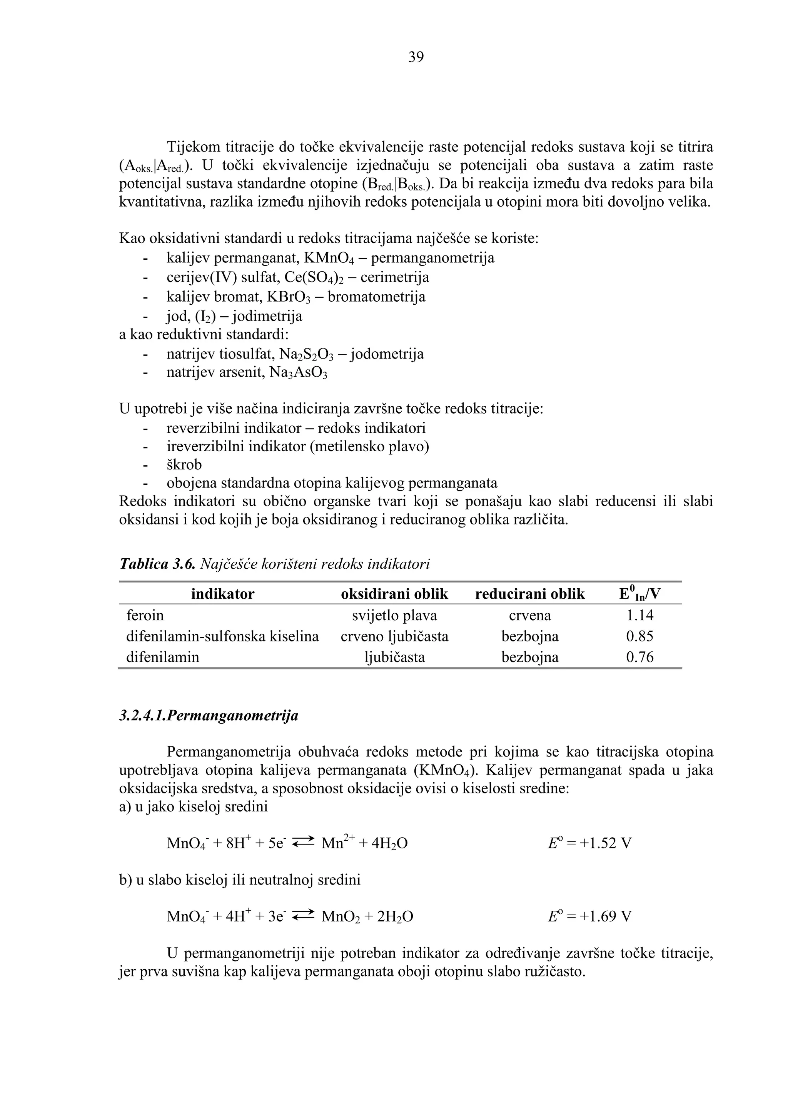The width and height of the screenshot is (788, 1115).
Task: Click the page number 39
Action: click(416, 57)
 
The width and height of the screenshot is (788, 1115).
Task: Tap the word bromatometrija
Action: click(376, 297)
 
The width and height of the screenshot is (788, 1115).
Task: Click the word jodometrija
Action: click(387, 354)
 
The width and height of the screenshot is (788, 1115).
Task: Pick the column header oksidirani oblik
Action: click(394, 594)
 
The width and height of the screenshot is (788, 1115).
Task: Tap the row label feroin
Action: click(145, 616)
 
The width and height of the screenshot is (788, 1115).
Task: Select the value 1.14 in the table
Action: click(640, 616)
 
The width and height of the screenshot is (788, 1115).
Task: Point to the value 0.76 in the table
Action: click(640, 657)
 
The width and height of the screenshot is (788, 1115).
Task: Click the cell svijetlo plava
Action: click(394, 616)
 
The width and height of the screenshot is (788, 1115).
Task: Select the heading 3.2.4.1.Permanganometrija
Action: click(209, 716)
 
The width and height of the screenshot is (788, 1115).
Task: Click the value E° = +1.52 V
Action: click(589, 843)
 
